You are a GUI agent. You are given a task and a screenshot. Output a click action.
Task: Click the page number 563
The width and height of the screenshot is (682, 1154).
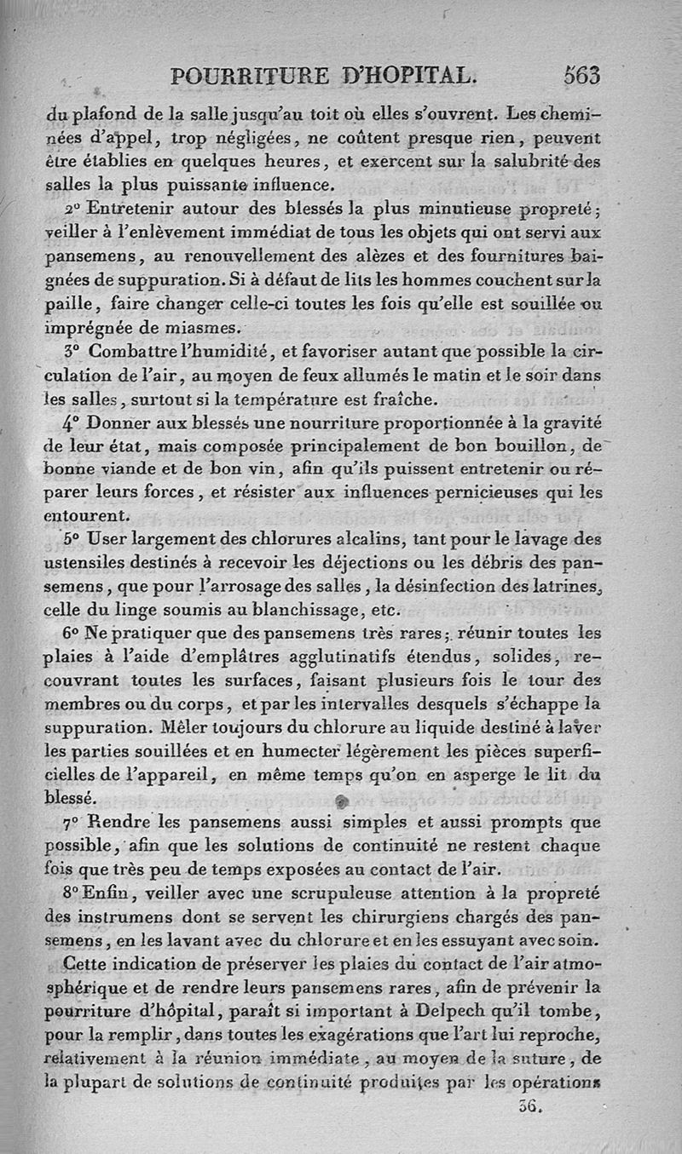click(x=581, y=75)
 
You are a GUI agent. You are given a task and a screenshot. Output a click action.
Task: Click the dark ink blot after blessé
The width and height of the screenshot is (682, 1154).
click(x=343, y=801)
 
